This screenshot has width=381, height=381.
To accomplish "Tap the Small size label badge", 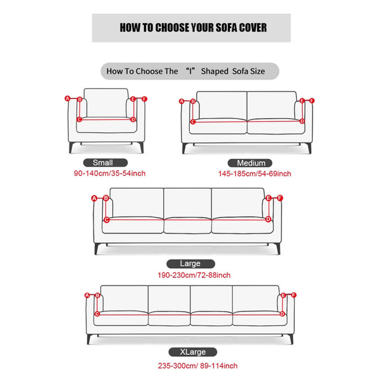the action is coord(106,163).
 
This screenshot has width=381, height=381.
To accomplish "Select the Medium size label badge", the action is coord(250,163).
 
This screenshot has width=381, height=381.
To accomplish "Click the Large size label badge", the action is coord(191,264).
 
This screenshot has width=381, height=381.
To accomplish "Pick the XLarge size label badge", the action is coord(193,352).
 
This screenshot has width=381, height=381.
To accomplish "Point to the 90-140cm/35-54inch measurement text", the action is coord(110,173).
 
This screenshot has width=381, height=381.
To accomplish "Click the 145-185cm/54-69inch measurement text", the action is coord(255,174).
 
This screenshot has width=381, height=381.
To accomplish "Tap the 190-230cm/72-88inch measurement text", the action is coord(194,275).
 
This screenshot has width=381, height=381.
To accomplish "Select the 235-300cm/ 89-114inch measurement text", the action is coord(197,366).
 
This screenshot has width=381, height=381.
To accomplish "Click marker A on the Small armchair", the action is coord(67,98).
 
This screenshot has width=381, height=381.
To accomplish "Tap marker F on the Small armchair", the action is coord(144,99).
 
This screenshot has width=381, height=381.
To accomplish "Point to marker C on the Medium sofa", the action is coord(193,122).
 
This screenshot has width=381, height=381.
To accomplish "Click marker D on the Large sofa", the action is coord(268,219).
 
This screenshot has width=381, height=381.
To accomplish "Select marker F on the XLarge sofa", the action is coord(294,295).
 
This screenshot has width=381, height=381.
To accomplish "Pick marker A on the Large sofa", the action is coord(94,198).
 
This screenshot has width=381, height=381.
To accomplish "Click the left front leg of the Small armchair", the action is coord(71,147).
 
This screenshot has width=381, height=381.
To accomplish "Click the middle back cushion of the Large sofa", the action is coord(187,203).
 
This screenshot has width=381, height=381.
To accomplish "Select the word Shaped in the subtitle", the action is coord(215,72).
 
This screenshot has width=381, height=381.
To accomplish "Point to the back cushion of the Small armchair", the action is coord(106,103).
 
